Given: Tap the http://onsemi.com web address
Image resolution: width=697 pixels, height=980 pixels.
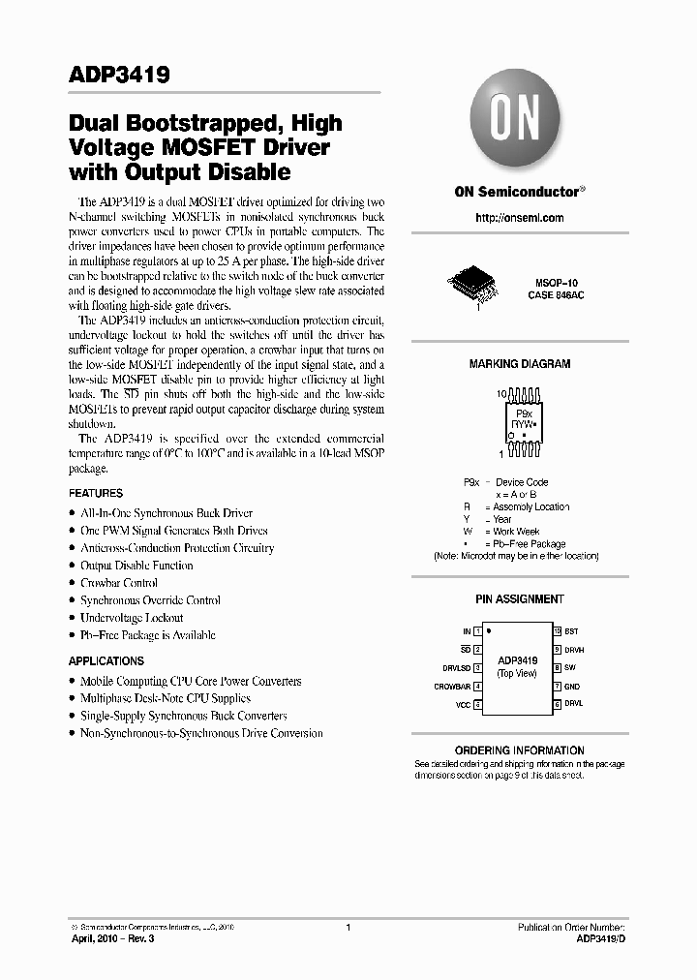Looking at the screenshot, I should [519, 218].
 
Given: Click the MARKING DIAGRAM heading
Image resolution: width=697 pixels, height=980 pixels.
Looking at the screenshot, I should [519, 364].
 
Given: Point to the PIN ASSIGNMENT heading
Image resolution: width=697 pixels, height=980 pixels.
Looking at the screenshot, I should [519, 599].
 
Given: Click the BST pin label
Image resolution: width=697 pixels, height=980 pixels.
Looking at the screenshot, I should [571, 630].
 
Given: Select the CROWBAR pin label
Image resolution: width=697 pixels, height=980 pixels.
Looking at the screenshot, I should [452, 687].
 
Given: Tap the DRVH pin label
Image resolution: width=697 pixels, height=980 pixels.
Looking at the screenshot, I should [574, 650].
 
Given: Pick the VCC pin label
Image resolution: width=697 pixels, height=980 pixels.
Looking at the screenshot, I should [462, 705].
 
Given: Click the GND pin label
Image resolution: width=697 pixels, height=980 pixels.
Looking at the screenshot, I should [572, 687].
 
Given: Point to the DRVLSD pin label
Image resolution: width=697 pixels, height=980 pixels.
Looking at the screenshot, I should [456, 668].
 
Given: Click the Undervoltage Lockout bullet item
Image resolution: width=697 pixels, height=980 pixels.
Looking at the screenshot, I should [132, 618].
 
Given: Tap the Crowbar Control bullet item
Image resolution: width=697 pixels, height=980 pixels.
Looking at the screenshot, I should [119, 583].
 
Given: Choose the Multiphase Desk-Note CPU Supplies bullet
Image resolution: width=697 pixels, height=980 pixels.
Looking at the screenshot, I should [166, 698].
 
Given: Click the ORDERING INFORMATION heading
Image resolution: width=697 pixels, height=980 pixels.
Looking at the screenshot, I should [519, 750].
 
